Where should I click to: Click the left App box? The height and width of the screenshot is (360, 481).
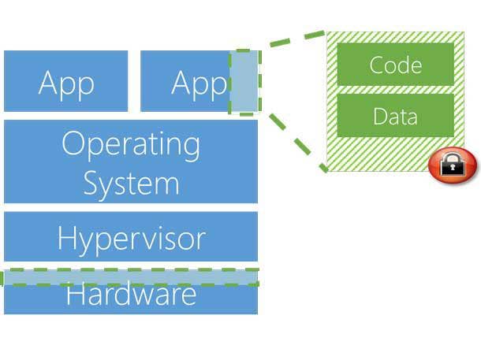tap(65, 81)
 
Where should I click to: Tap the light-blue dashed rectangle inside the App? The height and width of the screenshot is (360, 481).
tap(244, 82)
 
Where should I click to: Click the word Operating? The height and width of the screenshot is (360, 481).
tap(131, 144)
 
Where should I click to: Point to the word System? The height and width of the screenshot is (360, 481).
tap(131, 183)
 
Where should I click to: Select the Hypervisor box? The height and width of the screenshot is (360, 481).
tap(131, 236)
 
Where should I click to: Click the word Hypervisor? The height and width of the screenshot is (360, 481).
tap(131, 237)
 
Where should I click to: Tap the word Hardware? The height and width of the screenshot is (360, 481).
tap(131, 295)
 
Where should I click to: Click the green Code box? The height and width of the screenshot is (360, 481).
tap(395, 64)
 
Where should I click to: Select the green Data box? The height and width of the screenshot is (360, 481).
tap(395, 116)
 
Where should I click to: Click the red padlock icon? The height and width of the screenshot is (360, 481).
tap(453, 164)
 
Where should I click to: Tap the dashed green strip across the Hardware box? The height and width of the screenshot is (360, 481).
tap(131, 277)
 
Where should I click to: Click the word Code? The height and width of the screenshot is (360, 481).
tap(395, 65)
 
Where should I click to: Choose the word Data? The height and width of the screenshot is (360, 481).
tap(395, 117)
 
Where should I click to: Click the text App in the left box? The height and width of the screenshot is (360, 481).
tap(66, 83)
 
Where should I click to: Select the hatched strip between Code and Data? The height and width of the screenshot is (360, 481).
tap(395, 90)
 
